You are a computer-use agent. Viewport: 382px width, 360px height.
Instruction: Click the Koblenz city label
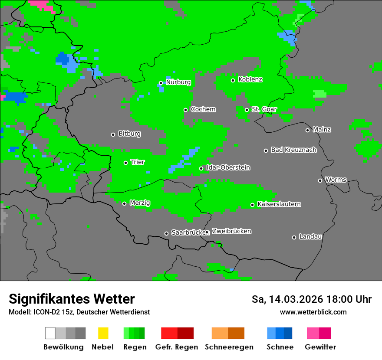(x=250, y=79)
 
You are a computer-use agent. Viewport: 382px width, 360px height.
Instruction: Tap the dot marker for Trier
(x=126, y=163)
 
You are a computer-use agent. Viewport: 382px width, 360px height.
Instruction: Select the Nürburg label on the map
(x=178, y=82)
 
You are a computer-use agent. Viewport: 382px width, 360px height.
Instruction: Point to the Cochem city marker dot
(x=185, y=110)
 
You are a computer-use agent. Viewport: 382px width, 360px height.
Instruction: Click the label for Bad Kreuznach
(x=293, y=150)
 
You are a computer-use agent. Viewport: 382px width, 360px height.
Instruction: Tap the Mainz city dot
(x=307, y=130)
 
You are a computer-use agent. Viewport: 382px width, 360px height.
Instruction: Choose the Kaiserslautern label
(x=279, y=204)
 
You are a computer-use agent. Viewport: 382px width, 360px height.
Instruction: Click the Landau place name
(x=310, y=236)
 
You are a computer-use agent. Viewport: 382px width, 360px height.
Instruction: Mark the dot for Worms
(x=320, y=180)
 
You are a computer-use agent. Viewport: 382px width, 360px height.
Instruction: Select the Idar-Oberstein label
(x=228, y=167)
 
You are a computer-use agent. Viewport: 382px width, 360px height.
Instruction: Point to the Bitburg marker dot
(x=113, y=134)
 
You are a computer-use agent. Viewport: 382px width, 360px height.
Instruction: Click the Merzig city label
(x=140, y=203)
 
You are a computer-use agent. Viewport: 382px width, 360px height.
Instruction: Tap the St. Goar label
(x=264, y=109)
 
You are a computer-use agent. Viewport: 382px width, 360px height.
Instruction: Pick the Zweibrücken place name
(x=231, y=231)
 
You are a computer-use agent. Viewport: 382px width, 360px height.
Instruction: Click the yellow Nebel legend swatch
(x=103, y=333)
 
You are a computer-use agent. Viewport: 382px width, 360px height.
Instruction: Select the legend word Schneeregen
(x=229, y=347)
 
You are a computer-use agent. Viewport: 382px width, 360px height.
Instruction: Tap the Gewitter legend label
(x=320, y=347)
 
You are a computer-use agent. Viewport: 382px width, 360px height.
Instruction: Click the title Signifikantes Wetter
(x=72, y=299)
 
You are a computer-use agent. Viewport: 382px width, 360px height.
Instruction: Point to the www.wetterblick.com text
(x=313, y=312)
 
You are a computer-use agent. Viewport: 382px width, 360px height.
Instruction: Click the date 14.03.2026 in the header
(x=296, y=299)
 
